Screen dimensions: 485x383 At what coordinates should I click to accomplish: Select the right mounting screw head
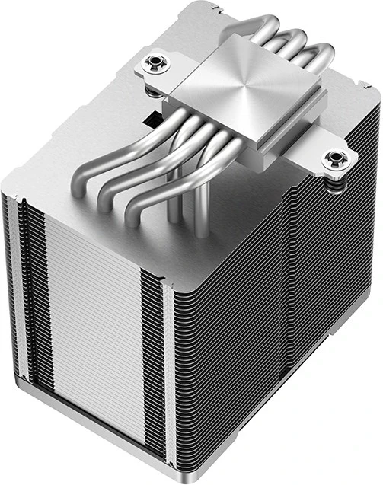(332, 159)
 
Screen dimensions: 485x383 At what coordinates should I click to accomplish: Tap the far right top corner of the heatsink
(376, 107)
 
